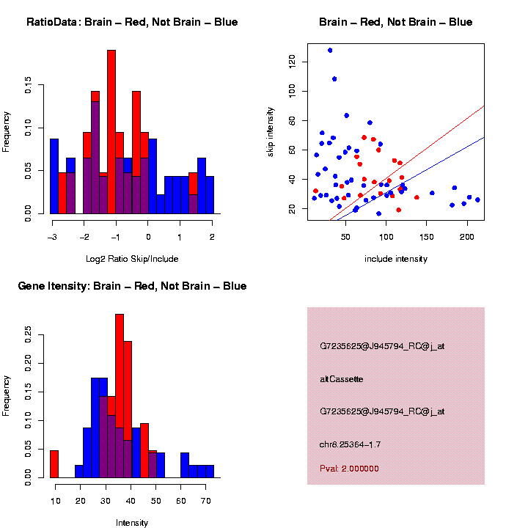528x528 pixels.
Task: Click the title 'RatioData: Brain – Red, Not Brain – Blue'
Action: point(132,22)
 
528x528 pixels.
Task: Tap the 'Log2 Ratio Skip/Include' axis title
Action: point(132,258)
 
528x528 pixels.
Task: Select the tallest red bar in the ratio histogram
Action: point(111,132)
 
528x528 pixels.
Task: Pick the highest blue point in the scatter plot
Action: point(330,51)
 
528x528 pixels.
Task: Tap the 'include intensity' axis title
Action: point(396,258)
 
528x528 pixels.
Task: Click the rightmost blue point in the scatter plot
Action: point(477,199)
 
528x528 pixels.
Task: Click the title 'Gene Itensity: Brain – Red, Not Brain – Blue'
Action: point(132,286)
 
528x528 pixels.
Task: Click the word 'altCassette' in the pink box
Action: point(342,379)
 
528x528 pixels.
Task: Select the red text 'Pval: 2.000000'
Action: point(349,469)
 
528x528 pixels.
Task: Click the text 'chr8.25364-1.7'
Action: point(351,444)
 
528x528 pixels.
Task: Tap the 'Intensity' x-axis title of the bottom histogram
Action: point(132,523)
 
